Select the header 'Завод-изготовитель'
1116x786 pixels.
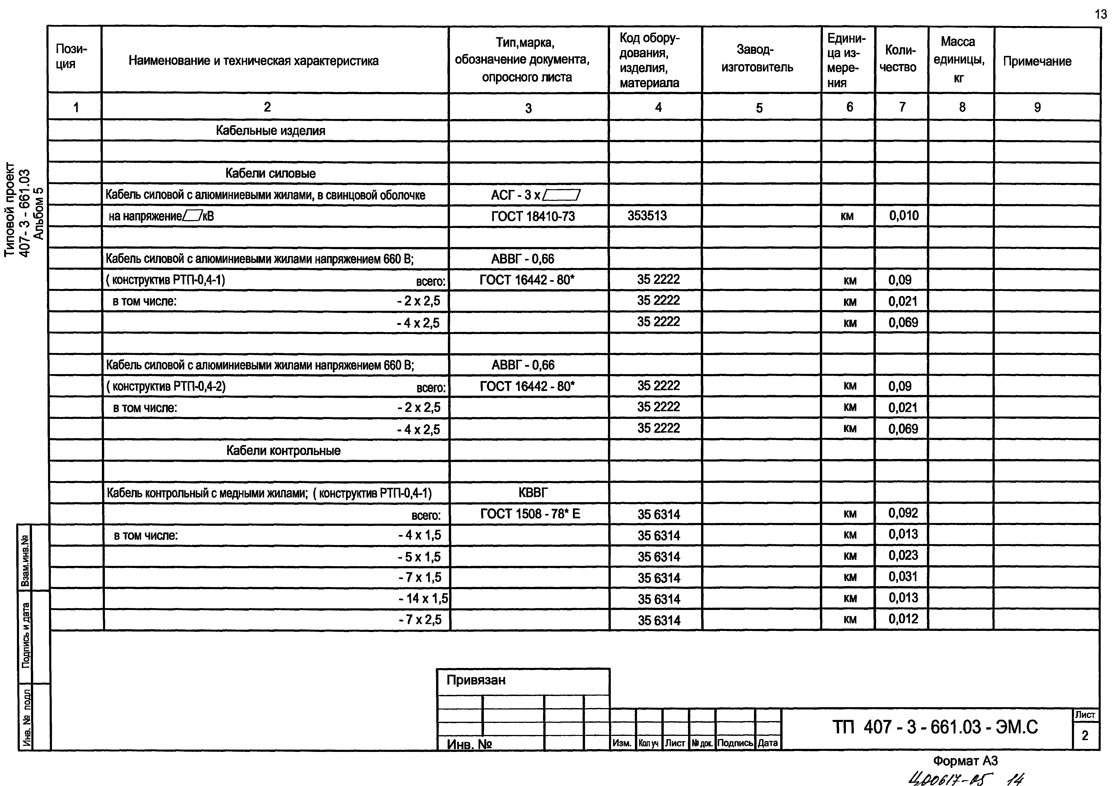click(x=757, y=58)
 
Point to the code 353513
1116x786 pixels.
click(x=647, y=216)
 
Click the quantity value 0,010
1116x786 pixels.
click(x=904, y=216)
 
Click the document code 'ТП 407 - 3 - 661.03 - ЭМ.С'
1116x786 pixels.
click(x=935, y=727)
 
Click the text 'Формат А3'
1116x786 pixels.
click(x=965, y=761)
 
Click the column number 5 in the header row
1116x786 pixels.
click(x=759, y=108)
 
